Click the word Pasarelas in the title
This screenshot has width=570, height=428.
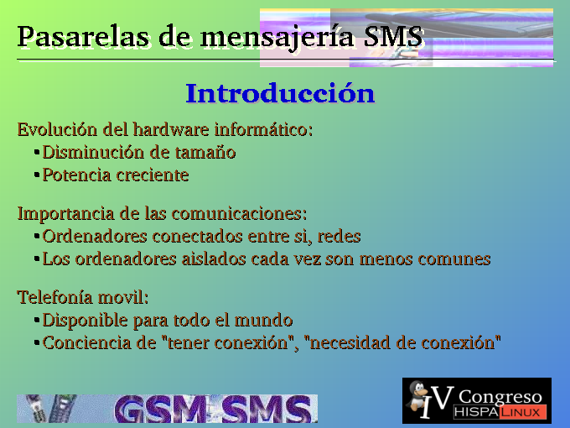click(x=83, y=37)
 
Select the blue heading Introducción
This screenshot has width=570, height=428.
click(x=280, y=93)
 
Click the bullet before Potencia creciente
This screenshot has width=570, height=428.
click(x=37, y=175)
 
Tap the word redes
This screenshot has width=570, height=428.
click(x=339, y=236)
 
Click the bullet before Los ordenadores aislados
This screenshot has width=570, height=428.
click(x=37, y=259)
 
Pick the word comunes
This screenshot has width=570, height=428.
click(x=454, y=259)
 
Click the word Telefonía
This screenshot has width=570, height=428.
click(x=54, y=297)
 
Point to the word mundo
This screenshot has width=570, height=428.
click(x=263, y=320)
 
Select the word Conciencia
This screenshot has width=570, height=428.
click(x=86, y=342)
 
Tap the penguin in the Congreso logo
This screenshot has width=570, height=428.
click(x=418, y=396)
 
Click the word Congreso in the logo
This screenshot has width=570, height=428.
click(x=500, y=398)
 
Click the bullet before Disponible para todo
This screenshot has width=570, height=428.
click(x=37, y=321)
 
